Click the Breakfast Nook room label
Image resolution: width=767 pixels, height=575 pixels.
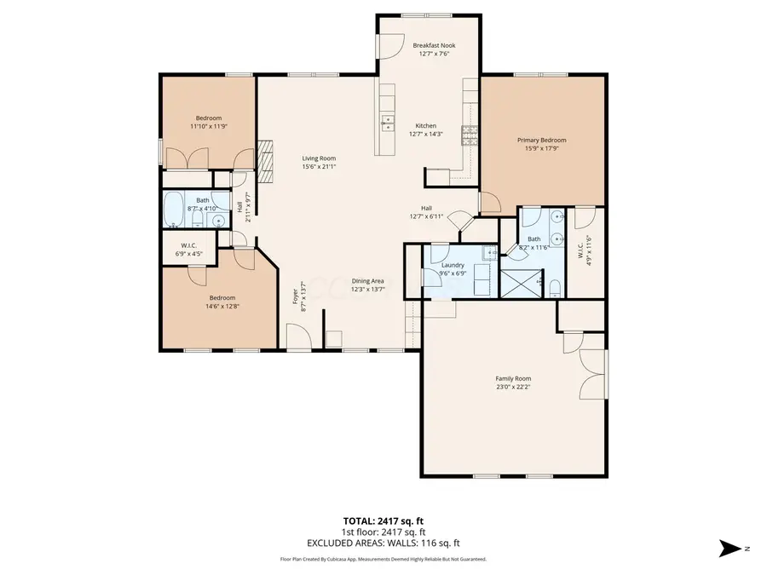coord(434,45)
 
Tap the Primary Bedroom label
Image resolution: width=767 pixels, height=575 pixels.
coord(541,141)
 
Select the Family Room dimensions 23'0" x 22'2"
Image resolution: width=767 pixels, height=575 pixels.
coord(513,388)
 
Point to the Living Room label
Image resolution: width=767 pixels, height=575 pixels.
coord(319,158)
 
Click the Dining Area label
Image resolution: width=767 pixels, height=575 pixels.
coord(368,281)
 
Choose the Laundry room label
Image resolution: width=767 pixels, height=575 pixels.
coord(452,265)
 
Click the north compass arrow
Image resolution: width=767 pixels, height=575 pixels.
coord(731,548)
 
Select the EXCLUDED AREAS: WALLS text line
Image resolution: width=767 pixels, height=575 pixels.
coord(383,542)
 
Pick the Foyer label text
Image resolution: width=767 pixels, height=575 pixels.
coord(297,295)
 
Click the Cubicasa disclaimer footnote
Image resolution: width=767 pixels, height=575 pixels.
coord(383,559)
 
